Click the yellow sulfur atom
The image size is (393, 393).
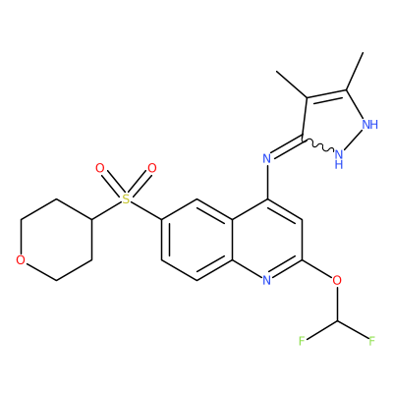[x=126, y=198]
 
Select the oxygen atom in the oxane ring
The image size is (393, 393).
[x=21, y=260]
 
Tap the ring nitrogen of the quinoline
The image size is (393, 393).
[x=267, y=280]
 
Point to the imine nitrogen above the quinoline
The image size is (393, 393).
[x=267, y=159]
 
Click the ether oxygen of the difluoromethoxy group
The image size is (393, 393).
[x=337, y=280]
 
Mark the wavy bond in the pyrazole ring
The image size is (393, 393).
[x=318, y=146]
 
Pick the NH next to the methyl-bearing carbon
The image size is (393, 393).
[x=370, y=125]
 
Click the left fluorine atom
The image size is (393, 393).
[x=302, y=341]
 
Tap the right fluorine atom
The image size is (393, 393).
[x=371, y=341]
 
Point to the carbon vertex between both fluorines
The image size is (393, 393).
[x=337, y=321]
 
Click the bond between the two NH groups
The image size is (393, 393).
[x=354, y=140]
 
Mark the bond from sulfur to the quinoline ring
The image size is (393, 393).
[x=146, y=210]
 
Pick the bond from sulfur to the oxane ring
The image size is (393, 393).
[x=106, y=210]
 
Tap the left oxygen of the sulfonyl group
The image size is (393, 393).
[x=100, y=168]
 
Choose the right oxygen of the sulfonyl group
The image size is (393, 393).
[x=152, y=168]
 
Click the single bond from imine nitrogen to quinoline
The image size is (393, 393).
[x=267, y=182]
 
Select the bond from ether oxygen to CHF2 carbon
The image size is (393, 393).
[x=337, y=303]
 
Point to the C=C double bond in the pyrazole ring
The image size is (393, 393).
[x=326, y=95]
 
